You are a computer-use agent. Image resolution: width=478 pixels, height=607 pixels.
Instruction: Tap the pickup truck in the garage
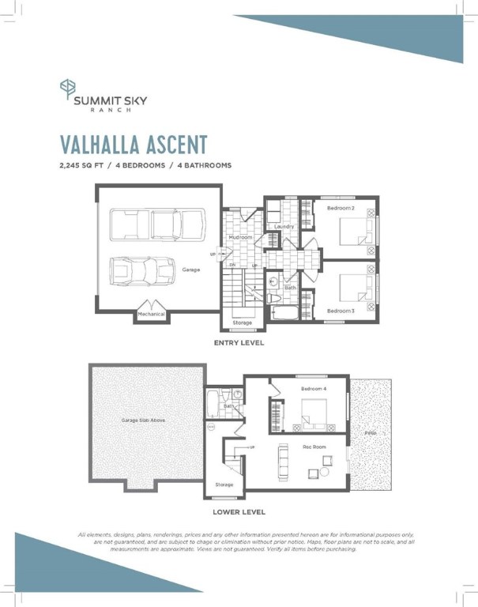point(156,224)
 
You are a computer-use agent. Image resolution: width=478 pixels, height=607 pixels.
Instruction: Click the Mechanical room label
point(152,314)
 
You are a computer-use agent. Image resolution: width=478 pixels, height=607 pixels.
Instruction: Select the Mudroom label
point(240,237)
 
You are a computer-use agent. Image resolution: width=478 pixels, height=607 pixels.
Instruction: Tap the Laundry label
point(284,227)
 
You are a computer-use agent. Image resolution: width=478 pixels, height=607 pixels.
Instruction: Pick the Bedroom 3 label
point(341,311)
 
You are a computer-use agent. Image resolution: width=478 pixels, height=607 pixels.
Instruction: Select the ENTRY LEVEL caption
point(238,344)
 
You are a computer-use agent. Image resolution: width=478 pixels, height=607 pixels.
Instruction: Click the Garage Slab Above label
point(143,420)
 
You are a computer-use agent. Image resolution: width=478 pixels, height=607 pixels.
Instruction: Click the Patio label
point(370,434)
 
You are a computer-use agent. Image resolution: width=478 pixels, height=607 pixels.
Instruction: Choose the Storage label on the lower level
point(224,484)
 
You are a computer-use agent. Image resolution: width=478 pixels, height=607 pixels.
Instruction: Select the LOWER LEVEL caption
point(238,512)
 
